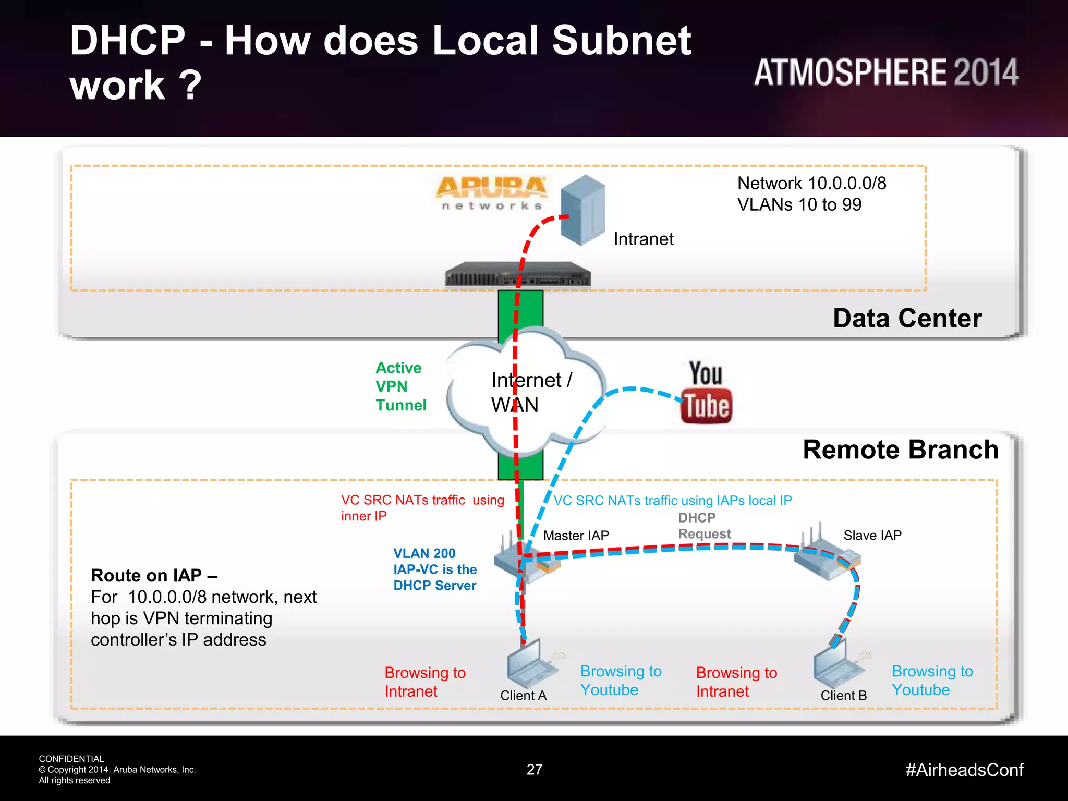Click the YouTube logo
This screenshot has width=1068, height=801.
[706, 392]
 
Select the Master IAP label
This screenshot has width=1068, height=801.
[576, 536]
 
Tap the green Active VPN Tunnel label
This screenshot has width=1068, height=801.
[400, 386]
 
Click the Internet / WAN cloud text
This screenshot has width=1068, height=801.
[531, 392]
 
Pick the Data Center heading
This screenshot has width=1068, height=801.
[907, 318]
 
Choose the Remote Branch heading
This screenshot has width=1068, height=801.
[900, 450]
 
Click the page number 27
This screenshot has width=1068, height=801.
[535, 770]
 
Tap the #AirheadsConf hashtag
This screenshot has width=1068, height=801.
[964, 770]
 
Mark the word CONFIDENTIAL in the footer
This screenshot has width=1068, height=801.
[71, 759]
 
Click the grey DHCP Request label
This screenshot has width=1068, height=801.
[704, 526]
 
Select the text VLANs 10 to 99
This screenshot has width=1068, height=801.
[799, 204]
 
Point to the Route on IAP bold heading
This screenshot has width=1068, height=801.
[154, 575]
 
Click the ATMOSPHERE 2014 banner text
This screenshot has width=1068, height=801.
[885, 72]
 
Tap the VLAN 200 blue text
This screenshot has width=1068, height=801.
[424, 553]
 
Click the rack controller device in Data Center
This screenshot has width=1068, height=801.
[517, 275]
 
